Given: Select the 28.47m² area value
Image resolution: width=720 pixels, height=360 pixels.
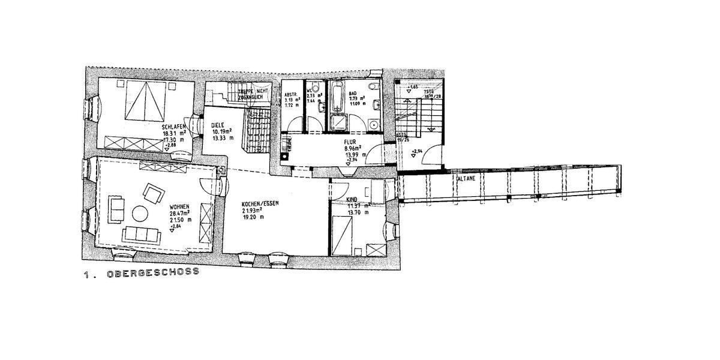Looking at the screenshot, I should (x=179, y=212).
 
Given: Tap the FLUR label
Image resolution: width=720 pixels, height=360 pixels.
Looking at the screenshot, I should (x=350, y=143).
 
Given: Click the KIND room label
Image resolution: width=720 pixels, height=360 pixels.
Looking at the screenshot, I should (x=352, y=199).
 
